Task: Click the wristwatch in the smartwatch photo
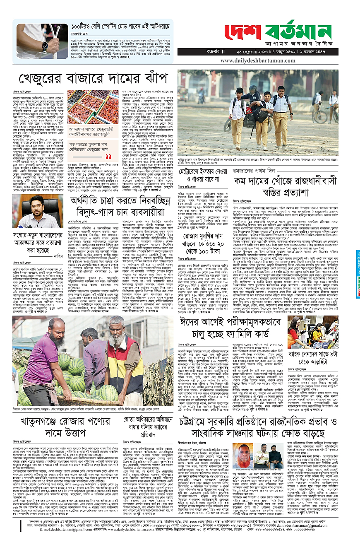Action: coord(45,47)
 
